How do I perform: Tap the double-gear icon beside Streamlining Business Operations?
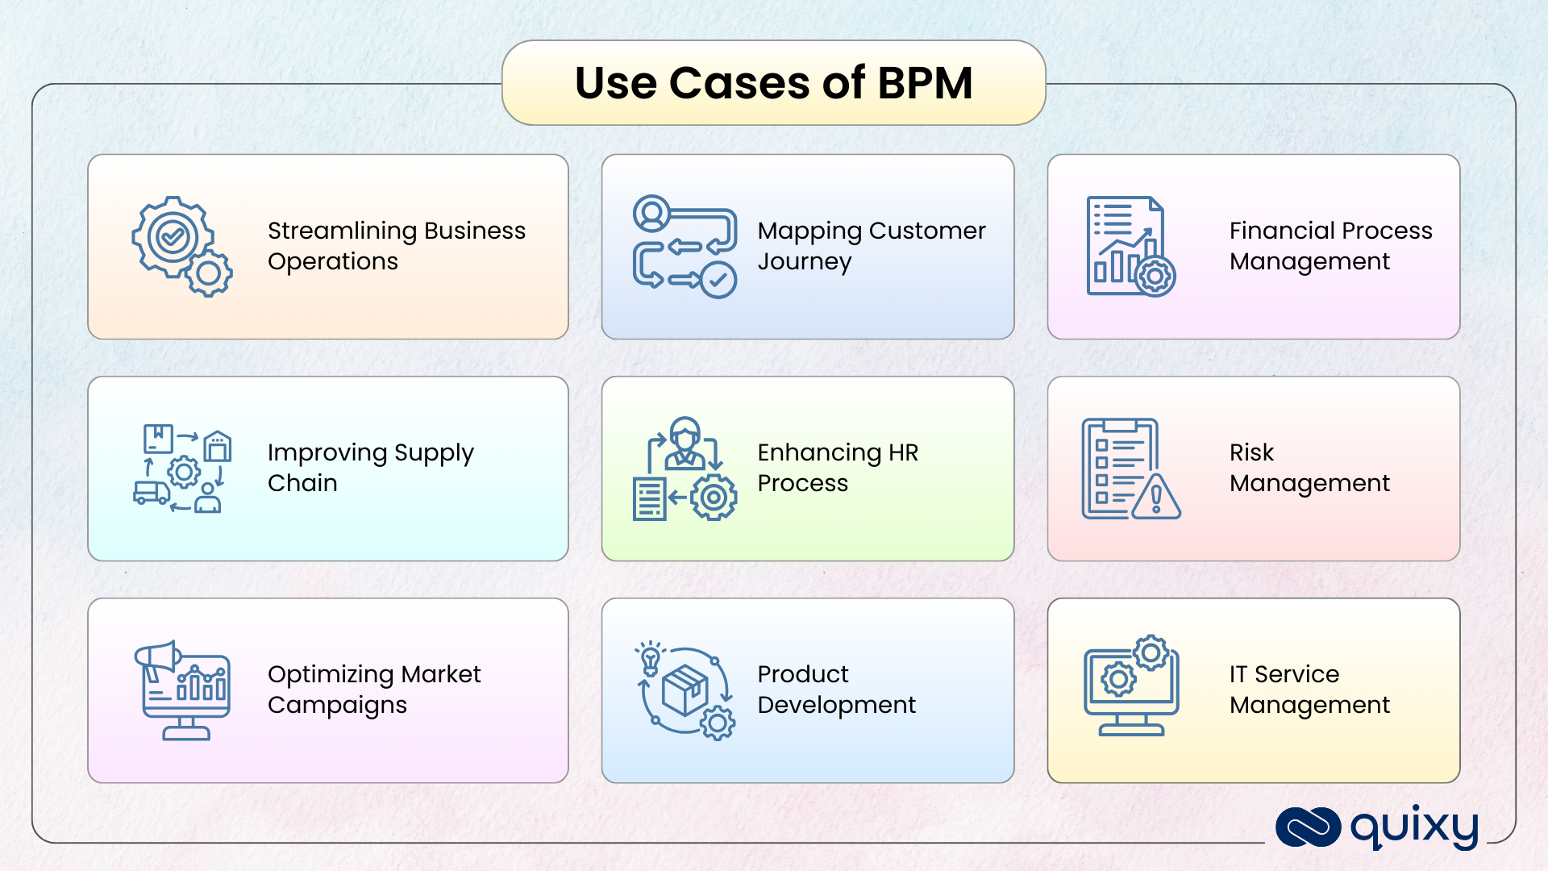(x=181, y=246)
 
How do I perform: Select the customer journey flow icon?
(x=685, y=246)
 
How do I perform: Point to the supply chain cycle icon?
(x=182, y=469)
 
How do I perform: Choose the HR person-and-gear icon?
(x=685, y=469)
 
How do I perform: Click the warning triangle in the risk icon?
(x=1156, y=498)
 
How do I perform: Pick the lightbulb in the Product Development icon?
(x=650, y=659)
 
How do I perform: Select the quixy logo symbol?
(x=1308, y=827)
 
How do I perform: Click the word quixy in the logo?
(x=1414, y=827)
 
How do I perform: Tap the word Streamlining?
(x=342, y=231)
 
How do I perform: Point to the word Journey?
(x=804, y=262)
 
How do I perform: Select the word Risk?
(x=1251, y=452)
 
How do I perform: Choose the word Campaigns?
(x=337, y=706)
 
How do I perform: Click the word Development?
(x=836, y=706)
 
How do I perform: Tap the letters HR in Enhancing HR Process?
(x=903, y=452)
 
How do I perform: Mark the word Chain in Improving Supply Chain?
(x=302, y=483)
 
